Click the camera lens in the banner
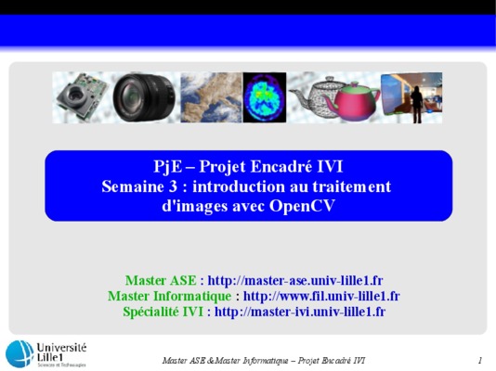pyautogui.click(x=144, y=97)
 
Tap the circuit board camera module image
pyautogui.click(x=82, y=96)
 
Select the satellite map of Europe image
pyautogui.click(x=211, y=97)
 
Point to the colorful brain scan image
pyautogui.click(x=265, y=97)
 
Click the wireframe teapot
pyautogui.click(x=313, y=96)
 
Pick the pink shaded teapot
pyautogui.click(x=354, y=101)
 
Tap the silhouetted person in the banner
pyautogui.click(x=416, y=104)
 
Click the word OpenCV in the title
pyautogui.click(x=302, y=206)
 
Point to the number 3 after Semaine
pyautogui.click(x=173, y=186)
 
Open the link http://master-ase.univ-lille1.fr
pyautogui.click(x=295, y=280)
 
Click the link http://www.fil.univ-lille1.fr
pyautogui.click(x=321, y=296)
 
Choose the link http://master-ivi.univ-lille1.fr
pyautogui.click(x=300, y=312)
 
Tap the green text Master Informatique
pyautogui.click(x=170, y=296)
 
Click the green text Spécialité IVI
pyautogui.click(x=163, y=312)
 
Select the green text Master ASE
pyautogui.click(x=161, y=280)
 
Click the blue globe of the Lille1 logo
pyautogui.click(x=20, y=354)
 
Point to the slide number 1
pyautogui.click(x=480, y=360)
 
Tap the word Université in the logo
pyautogui.click(x=61, y=348)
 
